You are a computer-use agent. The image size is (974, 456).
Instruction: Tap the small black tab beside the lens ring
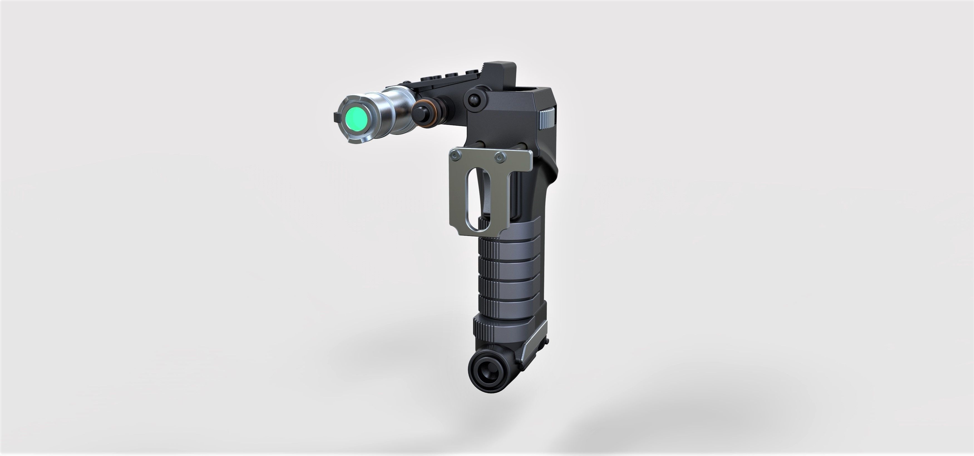[x=336, y=118]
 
